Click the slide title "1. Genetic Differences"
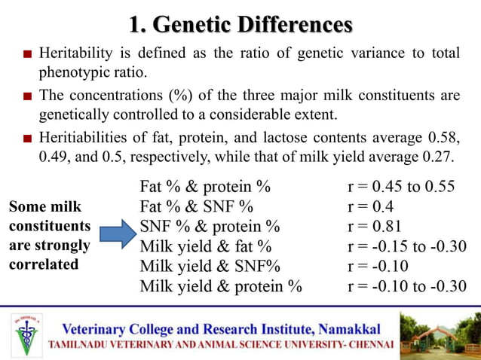(x=240, y=25)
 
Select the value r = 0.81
(x=374, y=226)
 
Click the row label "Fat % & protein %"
(x=204, y=186)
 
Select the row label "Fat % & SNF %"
(x=196, y=206)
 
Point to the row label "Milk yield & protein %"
(x=220, y=286)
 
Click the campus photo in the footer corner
(x=439, y=333)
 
